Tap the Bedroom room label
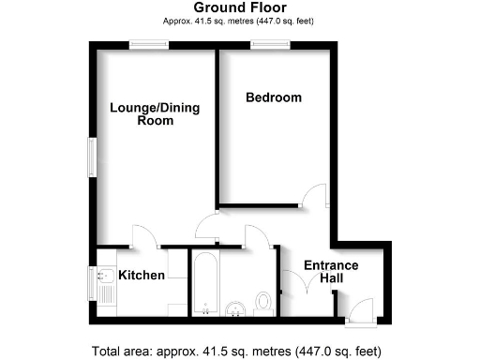tap(274, 97)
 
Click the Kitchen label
tap(142, 276)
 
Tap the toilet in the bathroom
tap(264, 302)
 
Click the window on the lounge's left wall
tap(92, 156)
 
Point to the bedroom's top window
tap(269, 43)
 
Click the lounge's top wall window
tap(150, 43)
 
